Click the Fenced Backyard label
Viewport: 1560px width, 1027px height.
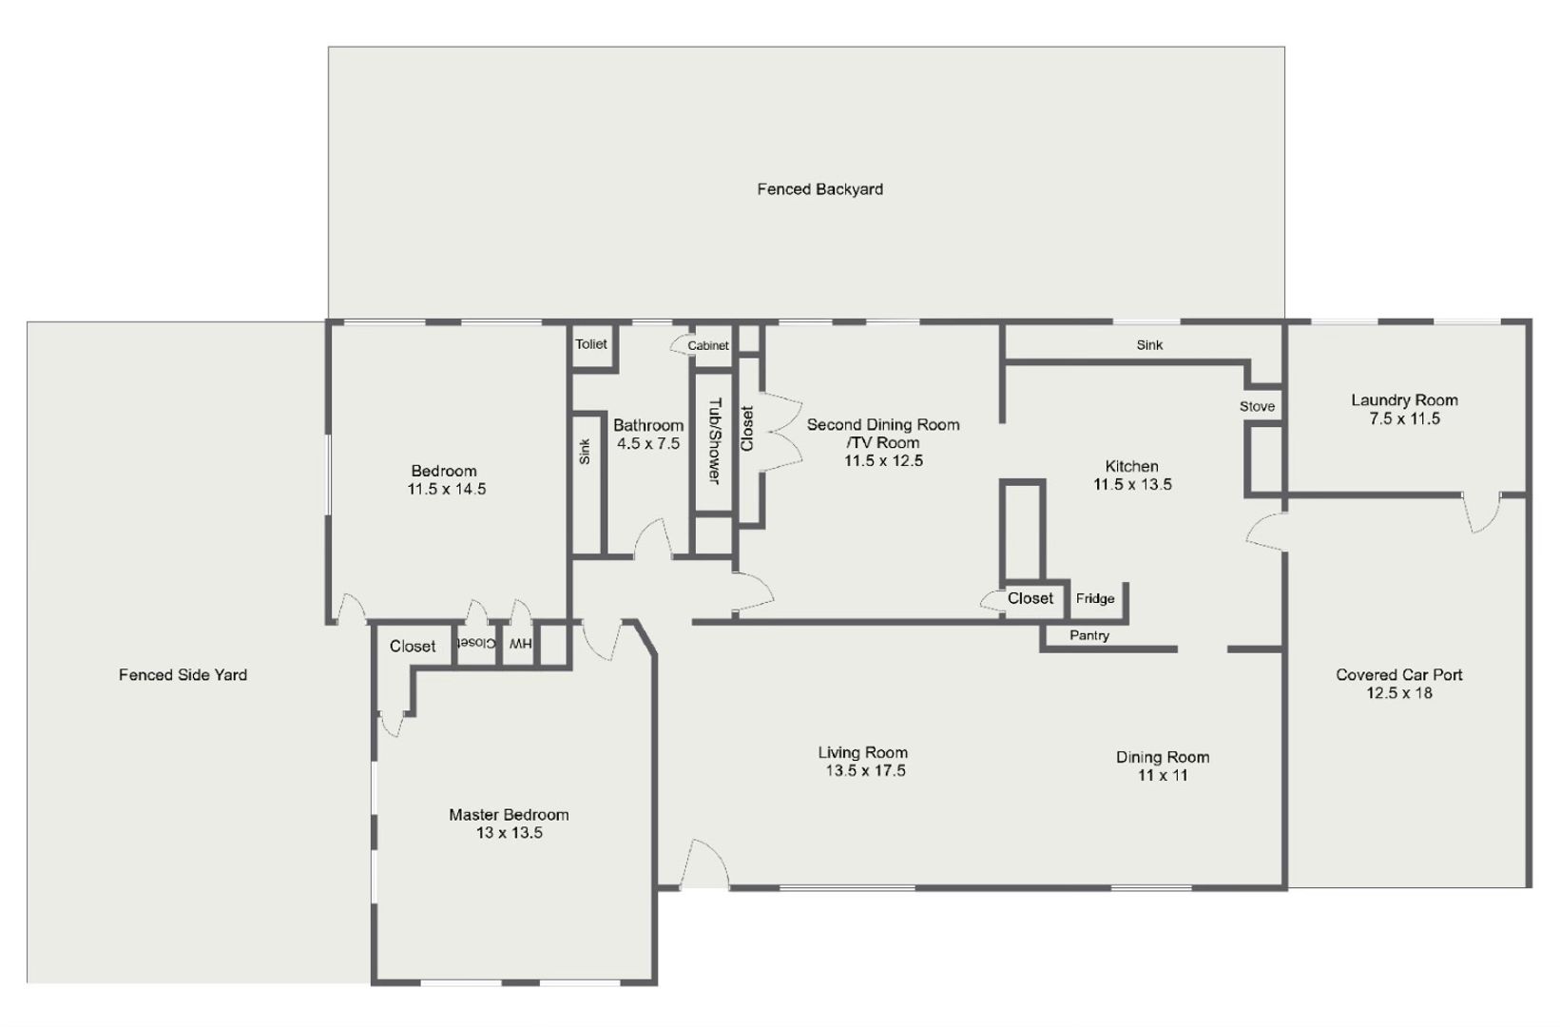pos(819,189)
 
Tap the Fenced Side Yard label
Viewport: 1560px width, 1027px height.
pos(183,675)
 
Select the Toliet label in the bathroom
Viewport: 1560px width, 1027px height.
pos(591,344)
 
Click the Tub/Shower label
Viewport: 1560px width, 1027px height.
pos(714,440)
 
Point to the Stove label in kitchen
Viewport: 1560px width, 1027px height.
pos(1257,406)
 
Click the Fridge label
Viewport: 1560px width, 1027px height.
pos(1095,599)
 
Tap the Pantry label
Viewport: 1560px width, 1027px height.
pos(1089,635)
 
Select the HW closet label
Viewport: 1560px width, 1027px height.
pos(520,644)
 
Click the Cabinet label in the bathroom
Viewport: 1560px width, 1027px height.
pos(708,346)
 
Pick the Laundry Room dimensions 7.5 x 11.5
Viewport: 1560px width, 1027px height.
pos(1404,418)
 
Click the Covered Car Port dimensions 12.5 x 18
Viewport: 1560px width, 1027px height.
pos(1398,693)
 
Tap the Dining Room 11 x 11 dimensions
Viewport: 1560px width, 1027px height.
pos(1163,775)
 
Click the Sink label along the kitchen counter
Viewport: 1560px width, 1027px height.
pos(1149,345)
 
